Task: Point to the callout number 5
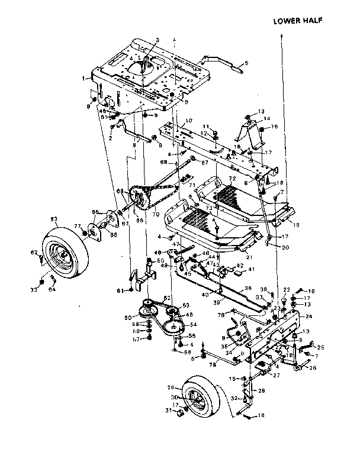246,63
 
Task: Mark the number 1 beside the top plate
84,77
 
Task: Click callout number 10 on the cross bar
188,121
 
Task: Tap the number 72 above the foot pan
232,178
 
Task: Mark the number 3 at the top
157,40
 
